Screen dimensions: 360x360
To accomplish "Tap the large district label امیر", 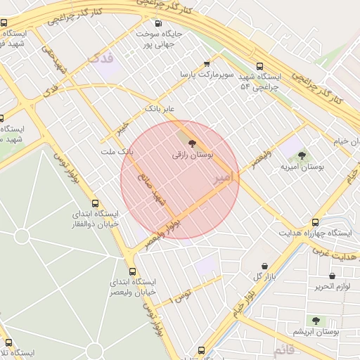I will click(229, 178).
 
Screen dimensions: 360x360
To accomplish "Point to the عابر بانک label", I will click(159, 110).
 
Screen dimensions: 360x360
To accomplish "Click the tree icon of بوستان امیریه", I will click(302, 156).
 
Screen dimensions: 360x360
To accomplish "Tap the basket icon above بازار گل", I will click(264, 266).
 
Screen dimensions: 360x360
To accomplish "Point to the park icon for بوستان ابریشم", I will click(315, 321).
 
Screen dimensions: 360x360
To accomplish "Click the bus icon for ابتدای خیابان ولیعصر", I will click(134, 271).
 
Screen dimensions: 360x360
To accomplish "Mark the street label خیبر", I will click(124, 130).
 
